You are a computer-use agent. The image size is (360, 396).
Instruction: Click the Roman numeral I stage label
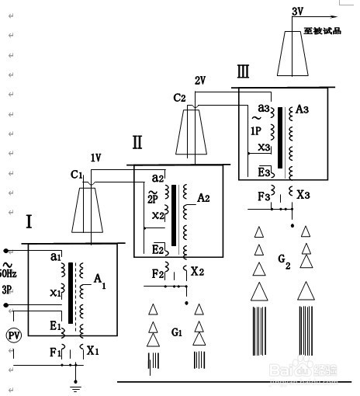pyautogui.click(x=29, y=222)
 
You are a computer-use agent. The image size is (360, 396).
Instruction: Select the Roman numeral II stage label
pyautogui.click(x=137, y=142)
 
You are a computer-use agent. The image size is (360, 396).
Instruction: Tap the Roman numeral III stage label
pyautogui.click(x=244, y=73)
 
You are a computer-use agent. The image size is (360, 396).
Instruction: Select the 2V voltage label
pyautogui.click(x=200, y=81)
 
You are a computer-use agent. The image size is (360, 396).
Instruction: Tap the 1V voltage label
pyautogui.click(x=95, y=158)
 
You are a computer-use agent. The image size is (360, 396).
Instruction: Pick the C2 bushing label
pyautogui.click(x=180, y=97)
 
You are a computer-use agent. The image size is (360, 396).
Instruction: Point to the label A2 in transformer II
pyautogui.click(x=203, y=199)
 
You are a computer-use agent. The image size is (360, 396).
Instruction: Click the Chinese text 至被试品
pyautogui.click(x=322, y=31)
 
